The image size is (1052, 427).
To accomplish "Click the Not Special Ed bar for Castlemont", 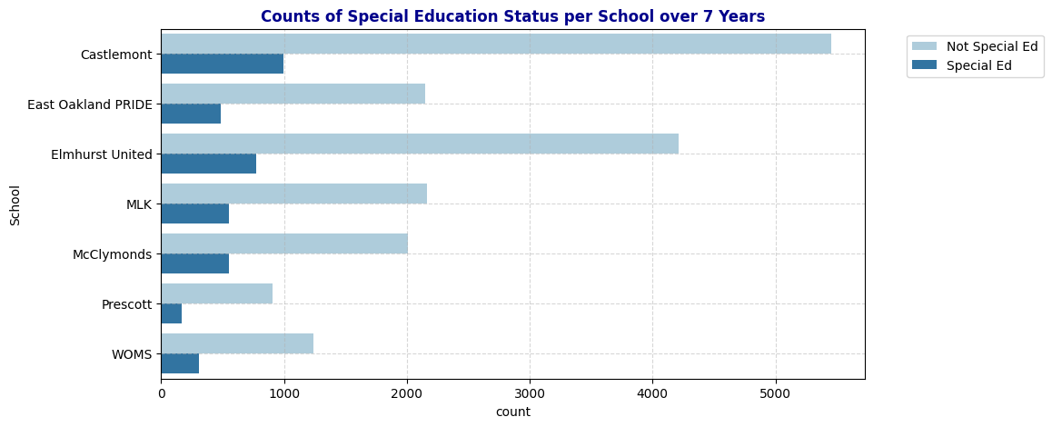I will pos(496,44).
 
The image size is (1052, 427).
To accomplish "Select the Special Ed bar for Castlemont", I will pos(223,64).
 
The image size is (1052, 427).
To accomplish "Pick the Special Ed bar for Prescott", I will pos(172,313).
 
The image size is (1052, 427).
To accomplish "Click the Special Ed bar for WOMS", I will pos(180,363).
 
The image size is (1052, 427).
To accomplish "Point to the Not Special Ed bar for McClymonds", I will pos(284,243).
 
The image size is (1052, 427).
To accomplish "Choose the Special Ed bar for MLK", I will pos(195,213).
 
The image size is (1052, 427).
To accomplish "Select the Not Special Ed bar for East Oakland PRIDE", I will pos(293,94).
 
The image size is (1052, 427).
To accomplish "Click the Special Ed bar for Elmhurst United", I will pos(209,164).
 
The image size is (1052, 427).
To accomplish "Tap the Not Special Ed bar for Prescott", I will pos(217,293).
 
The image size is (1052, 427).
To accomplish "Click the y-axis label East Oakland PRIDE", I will pos(90,104).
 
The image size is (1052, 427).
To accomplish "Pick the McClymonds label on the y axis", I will pos(113,254).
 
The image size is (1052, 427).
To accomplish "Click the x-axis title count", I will pos(512,412).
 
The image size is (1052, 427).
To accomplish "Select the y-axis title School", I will pos(15,204).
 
